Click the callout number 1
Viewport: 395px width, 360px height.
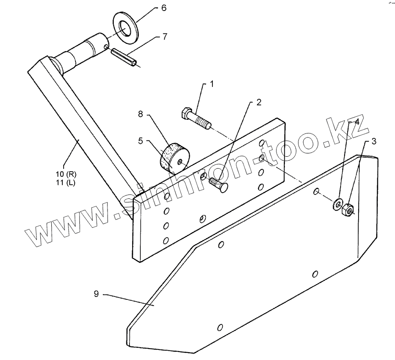pyautogui.click(x=212, y=84)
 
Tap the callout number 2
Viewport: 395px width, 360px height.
pyautogui.click(x=259, y=103)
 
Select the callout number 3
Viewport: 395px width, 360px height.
pyautogui.click(x=373, y=141)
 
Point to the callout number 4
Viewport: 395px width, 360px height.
pyautogui.click(x=357, y=122)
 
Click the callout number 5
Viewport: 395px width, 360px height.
pyautogui.click(x=141, y=141)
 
